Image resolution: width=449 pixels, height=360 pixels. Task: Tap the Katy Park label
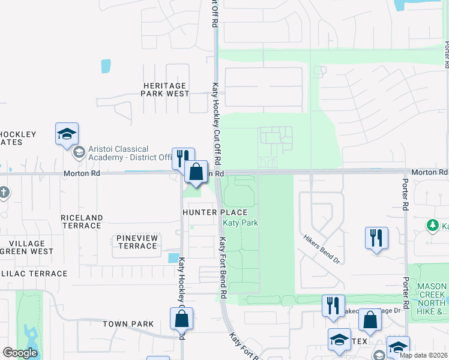point(241,223)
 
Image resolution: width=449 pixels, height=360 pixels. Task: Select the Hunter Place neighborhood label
point(215,212)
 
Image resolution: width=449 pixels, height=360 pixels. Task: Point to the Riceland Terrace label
point(82,221)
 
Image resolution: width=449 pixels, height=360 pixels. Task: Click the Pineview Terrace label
point(137,242)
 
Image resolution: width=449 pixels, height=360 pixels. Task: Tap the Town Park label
point(128,324)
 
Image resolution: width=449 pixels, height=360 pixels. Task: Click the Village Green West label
point(24,247)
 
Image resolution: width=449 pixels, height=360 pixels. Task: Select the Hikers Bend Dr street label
point(322,250)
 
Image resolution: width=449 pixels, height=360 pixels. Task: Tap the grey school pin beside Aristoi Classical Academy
point(79,153)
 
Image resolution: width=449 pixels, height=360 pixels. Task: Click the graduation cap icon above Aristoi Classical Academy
point(67,134)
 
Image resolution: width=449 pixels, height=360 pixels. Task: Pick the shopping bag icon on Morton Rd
point(196,172)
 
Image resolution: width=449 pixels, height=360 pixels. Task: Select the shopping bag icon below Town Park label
point(181,319)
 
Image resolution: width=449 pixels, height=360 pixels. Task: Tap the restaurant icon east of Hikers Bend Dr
point(376,238)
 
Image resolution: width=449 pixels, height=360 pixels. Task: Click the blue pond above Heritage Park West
point(106,66)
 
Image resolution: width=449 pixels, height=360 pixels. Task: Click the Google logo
point(20,353)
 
